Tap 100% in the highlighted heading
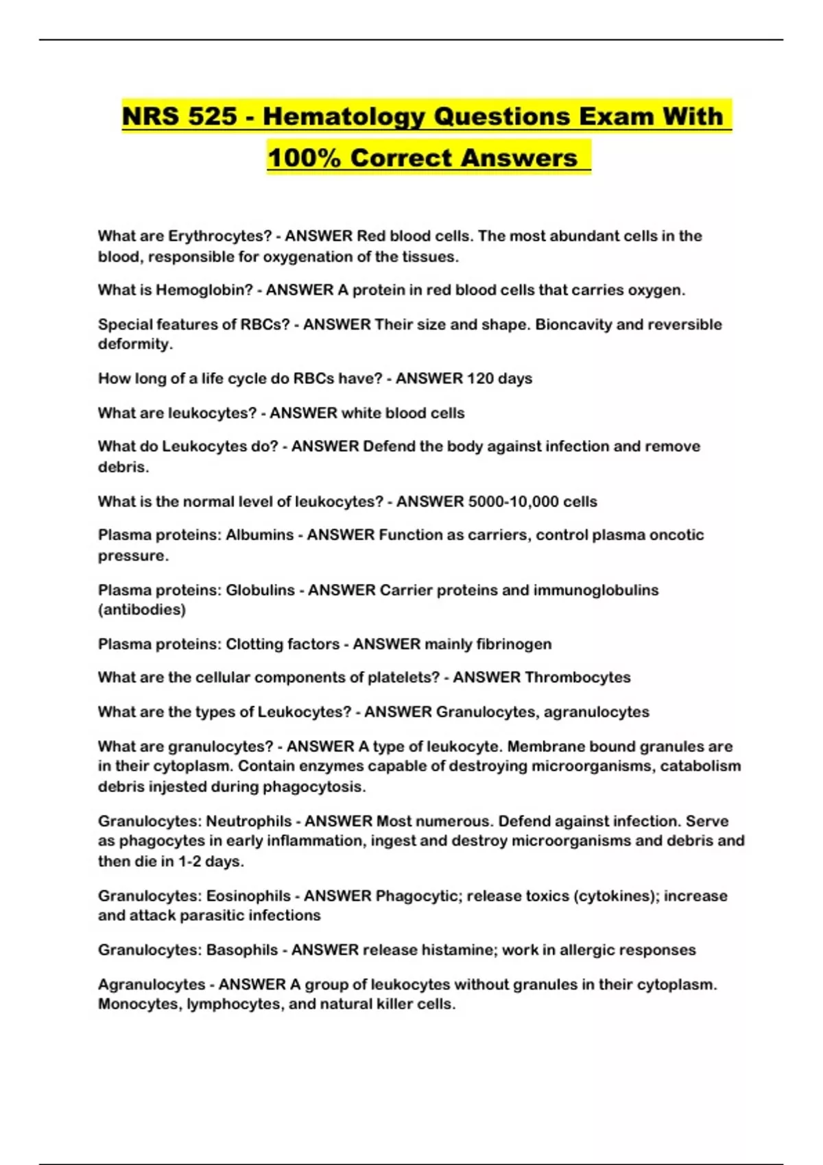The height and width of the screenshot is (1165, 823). point(304,158)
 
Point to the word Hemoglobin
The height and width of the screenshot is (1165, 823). point(204,291)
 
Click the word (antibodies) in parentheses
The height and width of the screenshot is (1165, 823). point(141,610)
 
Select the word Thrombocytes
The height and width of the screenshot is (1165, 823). point(577,678)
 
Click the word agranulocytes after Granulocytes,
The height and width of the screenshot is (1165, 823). point(596,713)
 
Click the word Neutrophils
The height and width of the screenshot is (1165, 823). point(249,822)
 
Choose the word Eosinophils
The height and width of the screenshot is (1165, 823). point(248,896)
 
